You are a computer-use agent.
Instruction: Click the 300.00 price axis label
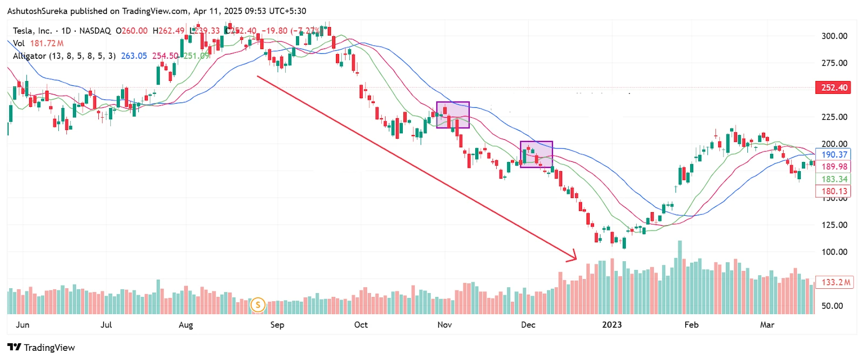834,36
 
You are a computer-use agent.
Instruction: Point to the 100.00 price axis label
834,252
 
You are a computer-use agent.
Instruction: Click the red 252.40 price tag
834,87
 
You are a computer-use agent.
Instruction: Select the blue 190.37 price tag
834,155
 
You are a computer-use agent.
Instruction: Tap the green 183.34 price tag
834,179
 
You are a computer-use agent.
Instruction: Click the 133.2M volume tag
835,282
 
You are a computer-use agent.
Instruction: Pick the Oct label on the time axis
361,325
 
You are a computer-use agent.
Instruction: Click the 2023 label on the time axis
611,325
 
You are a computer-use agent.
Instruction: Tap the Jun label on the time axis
23,325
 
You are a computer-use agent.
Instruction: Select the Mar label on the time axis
767,325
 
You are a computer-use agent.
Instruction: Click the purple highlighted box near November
453,115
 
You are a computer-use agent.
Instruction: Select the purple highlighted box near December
536,154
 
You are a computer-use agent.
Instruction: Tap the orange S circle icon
258,305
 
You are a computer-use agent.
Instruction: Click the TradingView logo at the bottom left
41,348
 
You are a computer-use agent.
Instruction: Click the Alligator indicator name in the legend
29,56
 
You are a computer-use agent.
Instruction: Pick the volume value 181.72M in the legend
46,43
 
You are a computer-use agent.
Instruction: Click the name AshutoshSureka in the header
37,11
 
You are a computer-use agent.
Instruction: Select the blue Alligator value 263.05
133,56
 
